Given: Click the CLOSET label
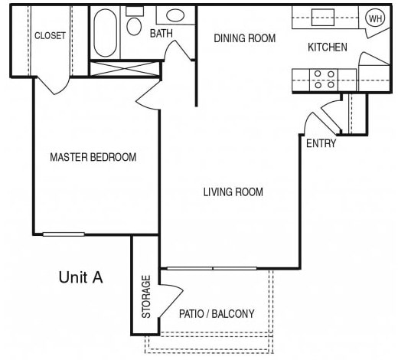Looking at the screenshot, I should point(50,36).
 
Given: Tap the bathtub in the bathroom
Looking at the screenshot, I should point(106,31).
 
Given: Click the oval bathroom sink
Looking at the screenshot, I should point(175,15).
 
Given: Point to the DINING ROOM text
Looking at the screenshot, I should point(244,38).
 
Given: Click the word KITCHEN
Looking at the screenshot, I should point(327,47).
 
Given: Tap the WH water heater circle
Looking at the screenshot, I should point(375,18).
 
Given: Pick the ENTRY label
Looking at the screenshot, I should point(321,143).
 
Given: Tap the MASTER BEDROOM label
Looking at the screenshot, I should point(93,158).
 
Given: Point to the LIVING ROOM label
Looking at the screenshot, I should point(233,192).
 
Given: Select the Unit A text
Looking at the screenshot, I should point(80,277).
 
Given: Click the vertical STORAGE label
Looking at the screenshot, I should point(145,296).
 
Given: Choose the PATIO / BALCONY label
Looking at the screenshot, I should point(216,314).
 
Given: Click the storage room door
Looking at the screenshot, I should point(170,295).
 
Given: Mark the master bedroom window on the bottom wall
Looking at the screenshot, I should point(64,234).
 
